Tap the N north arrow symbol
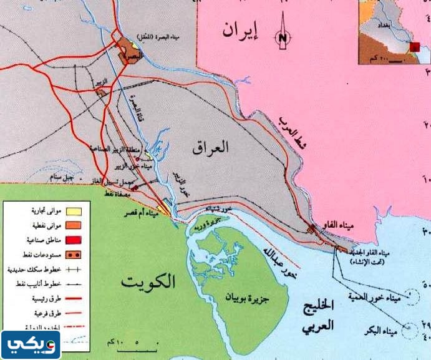(x=283, y=38)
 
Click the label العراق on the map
(x=212, y=148)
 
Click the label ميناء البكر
(x=376, y=329)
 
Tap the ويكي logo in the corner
(x=31, y=343)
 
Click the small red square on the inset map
(x=414, y=47)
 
